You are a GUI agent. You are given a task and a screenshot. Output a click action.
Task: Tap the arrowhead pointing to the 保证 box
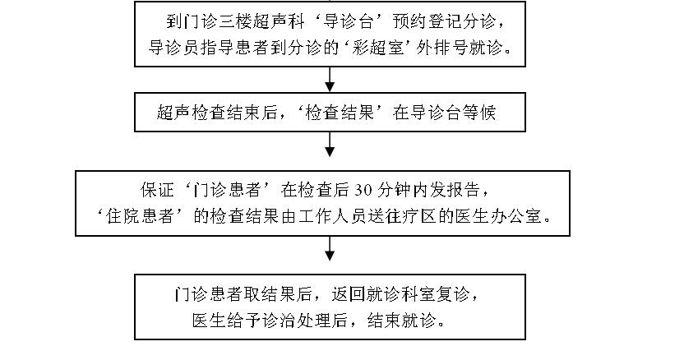coord(330,150)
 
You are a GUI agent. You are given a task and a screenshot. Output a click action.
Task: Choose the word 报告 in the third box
coord(473,191)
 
